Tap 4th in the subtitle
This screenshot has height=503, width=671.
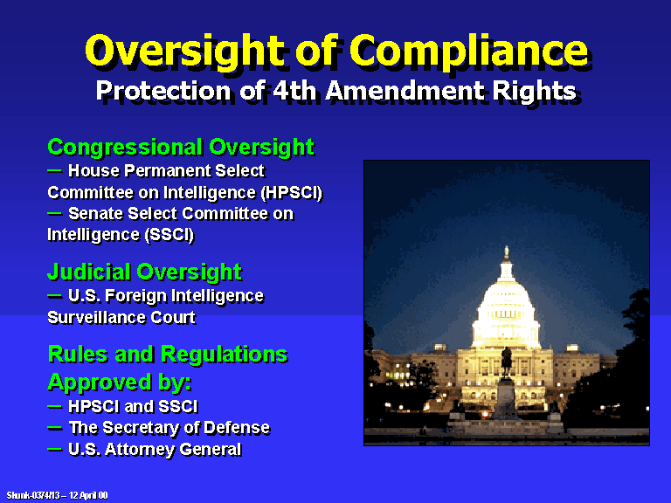coord(294,90)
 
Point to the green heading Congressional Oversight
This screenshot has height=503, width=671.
coord(181,148)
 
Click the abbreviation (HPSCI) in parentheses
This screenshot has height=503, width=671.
coord(292,193)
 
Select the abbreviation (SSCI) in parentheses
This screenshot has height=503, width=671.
coord(169,235)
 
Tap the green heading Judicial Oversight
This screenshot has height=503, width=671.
coord(145,272)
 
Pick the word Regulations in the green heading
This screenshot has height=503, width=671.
coord(225,355)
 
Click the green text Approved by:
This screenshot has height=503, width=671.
coord(120,382)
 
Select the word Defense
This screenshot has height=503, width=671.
coord(237,428)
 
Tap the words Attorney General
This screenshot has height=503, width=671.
coord(173,450)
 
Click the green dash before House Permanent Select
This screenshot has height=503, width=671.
coord(54,170)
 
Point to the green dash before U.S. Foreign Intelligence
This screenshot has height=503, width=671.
coord(54,295)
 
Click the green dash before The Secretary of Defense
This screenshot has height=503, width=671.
coord(54,427)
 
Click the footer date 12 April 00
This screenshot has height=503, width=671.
coord(88,495)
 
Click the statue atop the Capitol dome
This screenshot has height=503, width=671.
coord(506,251)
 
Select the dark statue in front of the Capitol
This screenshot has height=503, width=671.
coord(507,362)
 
